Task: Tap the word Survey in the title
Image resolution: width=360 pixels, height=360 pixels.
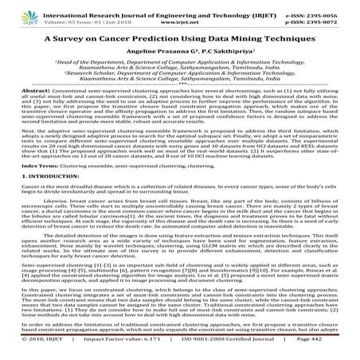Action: [x=76, y=37]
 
